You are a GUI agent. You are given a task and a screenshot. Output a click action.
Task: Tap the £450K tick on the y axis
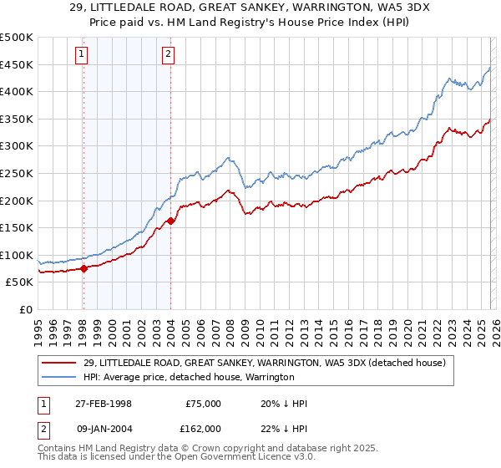(x=17, y=64)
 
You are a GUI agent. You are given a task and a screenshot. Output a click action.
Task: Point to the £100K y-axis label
(x=17, y=256)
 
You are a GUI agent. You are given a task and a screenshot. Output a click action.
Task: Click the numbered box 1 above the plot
(x=82, y=55)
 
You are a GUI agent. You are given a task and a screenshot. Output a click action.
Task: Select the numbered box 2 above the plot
(x=168, y=55)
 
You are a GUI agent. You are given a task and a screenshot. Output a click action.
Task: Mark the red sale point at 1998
(x=83, y=268)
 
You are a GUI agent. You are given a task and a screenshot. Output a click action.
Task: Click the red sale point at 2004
(x=170, y=221)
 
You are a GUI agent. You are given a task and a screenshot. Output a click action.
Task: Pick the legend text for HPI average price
(x=189, y=377)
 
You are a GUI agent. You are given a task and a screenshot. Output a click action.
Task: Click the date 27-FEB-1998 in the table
(x=102, y=404)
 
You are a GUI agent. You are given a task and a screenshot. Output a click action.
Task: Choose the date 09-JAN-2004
(x=102, y=428)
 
